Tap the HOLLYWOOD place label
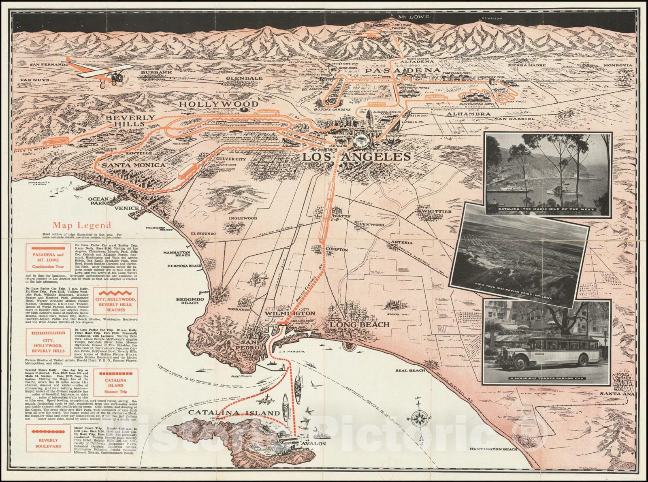point(224,104)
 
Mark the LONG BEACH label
point(359,324)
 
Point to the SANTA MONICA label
point(133,165)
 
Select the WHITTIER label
point(436,212)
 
